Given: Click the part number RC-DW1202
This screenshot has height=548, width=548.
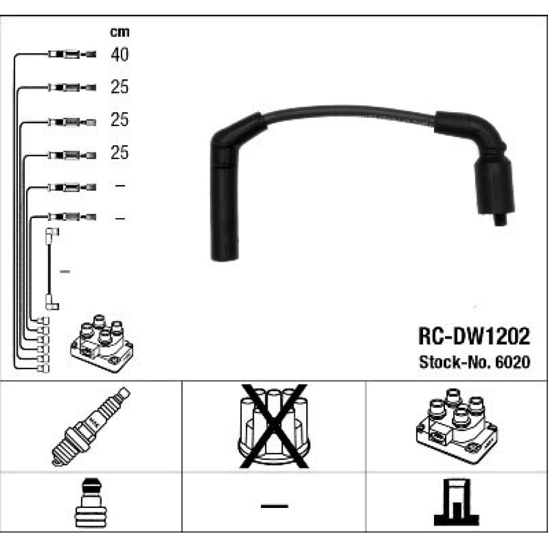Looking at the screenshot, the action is pyautogui.click(x=474, y=336).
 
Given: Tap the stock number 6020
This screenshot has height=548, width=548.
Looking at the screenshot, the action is pyautogui.click(x=513, y=362).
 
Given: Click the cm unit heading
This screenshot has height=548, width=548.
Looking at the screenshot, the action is pyautogui.click(x=119, y=32).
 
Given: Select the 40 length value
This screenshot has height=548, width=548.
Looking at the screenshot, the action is pyautogui.click(x=119, y=54).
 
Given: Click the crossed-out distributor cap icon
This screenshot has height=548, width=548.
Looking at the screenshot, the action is pyautogui.click(x=273, y=426).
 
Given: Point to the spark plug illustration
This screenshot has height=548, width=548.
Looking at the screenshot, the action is pyautogui.click(x=91, y=426).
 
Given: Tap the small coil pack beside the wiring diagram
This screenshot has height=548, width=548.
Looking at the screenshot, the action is pyautogui.click(x=102, y=343).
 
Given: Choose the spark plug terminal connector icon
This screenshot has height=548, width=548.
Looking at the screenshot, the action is pyautogui.click(x=90, y=503).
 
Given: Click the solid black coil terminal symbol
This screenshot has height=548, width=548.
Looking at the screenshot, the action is pyautogui.click(x=456, y=503).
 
